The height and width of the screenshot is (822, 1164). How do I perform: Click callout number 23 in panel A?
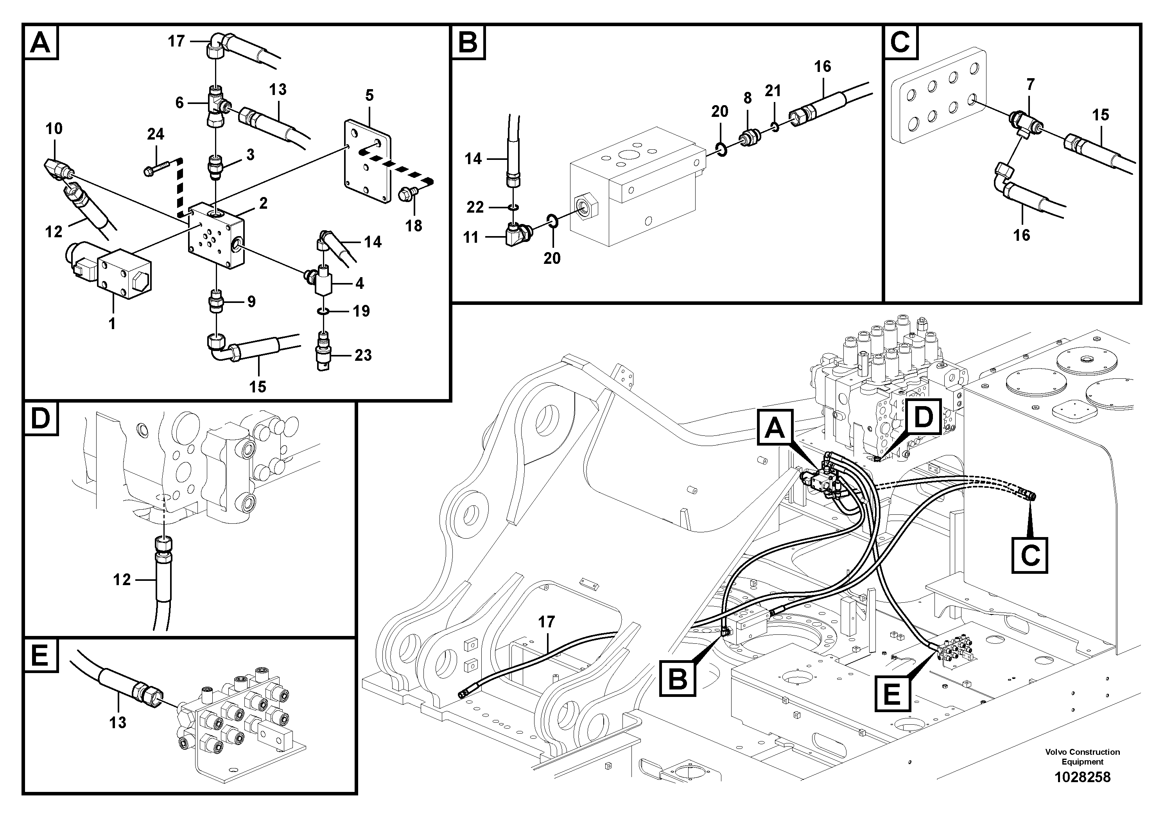[x=363, y=355]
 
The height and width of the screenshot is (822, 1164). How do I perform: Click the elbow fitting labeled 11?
[x=514, y=236]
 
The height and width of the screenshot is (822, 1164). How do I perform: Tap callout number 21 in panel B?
[x=773, y=91]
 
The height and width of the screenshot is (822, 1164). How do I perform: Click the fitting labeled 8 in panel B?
[x=748, y=138]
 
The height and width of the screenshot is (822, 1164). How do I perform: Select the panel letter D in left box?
[x=41, y=418]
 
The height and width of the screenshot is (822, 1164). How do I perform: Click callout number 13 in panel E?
[x=118, y=722]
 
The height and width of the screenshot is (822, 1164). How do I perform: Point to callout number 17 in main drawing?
[x=547, y=621]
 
